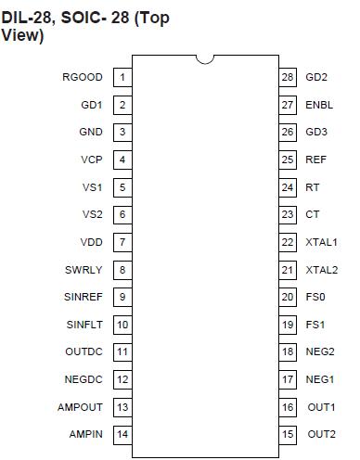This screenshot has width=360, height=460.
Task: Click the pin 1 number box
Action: point(122,77)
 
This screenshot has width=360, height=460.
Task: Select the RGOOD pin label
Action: point(84,77)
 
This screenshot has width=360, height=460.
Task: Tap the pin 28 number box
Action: point(288,77)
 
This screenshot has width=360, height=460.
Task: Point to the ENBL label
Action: point(319,105)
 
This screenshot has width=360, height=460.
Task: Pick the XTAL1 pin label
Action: point(322,242)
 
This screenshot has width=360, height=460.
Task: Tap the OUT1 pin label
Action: point(322,407)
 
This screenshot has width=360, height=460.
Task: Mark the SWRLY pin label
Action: point(84,270)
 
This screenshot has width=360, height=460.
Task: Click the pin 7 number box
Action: point(122,242)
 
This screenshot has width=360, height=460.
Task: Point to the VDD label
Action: point(91,242)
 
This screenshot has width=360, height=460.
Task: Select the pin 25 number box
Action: point(288,160)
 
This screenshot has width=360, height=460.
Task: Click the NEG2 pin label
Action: point(320,352)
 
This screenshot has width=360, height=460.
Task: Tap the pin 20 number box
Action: point(288,298)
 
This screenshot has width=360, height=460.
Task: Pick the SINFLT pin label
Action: point(84,325)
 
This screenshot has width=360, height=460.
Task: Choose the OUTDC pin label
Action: point(84,352)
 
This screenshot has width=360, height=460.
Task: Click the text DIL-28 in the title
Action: point(28,18)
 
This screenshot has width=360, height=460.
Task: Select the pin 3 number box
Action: point(122,133)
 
